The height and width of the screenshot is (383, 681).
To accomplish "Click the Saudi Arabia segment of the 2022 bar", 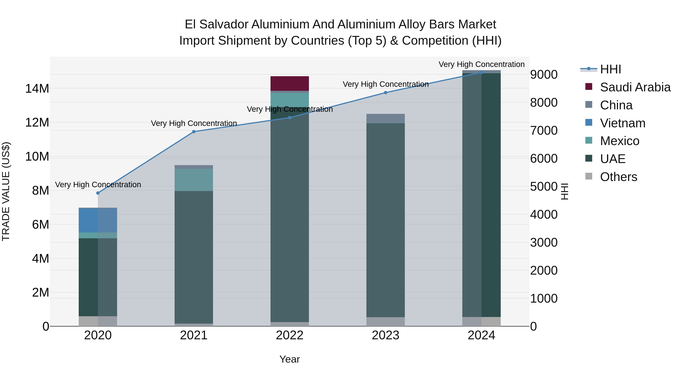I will click(x=289, y=83).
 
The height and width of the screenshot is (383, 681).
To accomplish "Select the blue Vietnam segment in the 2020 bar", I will click(x=98, y=221).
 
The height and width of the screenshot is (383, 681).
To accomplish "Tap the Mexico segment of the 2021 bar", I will click(x=194, y=180).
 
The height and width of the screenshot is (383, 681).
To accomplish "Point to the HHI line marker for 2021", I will click(x=194, y=132).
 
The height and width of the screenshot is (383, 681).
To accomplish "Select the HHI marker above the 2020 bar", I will click(x=98, y=193).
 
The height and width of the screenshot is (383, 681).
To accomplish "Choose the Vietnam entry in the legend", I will click(x=623, y=123).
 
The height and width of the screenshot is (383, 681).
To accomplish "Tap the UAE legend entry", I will click(x=613, y=159).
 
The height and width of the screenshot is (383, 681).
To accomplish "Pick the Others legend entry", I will click(x=618, y=177).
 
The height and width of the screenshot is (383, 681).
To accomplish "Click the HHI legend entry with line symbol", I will click(x=610, y=69).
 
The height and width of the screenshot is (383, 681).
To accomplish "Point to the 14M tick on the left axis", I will click(x=37, y=89).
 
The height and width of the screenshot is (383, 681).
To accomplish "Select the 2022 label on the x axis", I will click(x=289, y=335).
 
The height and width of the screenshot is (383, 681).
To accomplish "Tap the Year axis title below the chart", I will click(x=289, y=359).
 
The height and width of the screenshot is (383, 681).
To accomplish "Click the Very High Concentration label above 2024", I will click(x=481, y=64).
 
